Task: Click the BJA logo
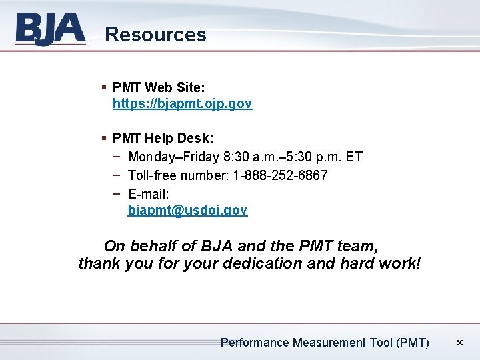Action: (x=51, y=30)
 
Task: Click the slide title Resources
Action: (x=155, y=35)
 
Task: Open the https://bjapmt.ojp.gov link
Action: (x=182, y=104)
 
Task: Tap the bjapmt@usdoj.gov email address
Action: (x=187, y=211)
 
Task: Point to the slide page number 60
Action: (x=459, y=342)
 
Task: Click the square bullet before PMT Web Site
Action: (x=104, y=87)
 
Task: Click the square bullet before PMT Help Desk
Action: (x=104, y=139)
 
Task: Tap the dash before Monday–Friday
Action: (x=117, y=157)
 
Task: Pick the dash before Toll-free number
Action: (x=117, y=175)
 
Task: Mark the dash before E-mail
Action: (x=117, y=193)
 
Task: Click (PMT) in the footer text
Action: (x=412, y=343)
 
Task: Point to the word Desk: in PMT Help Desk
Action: (x=196, y=139)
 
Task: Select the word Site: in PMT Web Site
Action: (x=191, y=87)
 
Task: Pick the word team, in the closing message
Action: (x=359, y=245)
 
